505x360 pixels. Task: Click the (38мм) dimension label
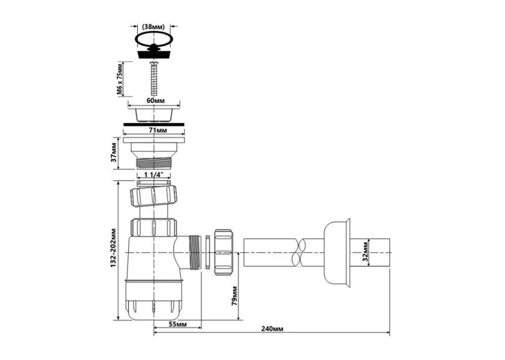[153, 26]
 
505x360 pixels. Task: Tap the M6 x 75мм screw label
[119, 79]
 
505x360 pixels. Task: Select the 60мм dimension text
[156, 100]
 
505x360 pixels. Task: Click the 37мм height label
[114, 154]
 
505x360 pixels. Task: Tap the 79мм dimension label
[234, 296]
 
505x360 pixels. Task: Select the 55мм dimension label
[178, 324]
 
